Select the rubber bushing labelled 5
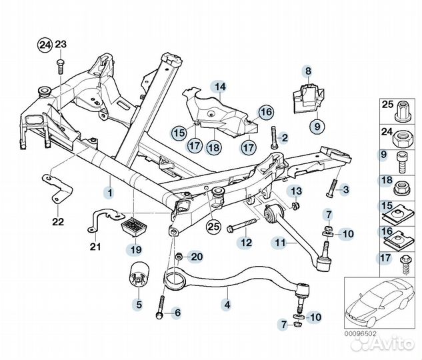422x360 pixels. pos(139,278)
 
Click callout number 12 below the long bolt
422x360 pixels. pos(245,243)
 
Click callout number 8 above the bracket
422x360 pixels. pos(308,71)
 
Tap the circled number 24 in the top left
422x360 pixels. pos(44,45)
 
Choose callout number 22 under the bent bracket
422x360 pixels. pos(58,221)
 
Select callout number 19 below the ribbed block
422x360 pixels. pos(136,251)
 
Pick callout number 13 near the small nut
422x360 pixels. pos(296,192)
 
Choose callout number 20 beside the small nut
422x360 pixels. pos(195,256)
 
